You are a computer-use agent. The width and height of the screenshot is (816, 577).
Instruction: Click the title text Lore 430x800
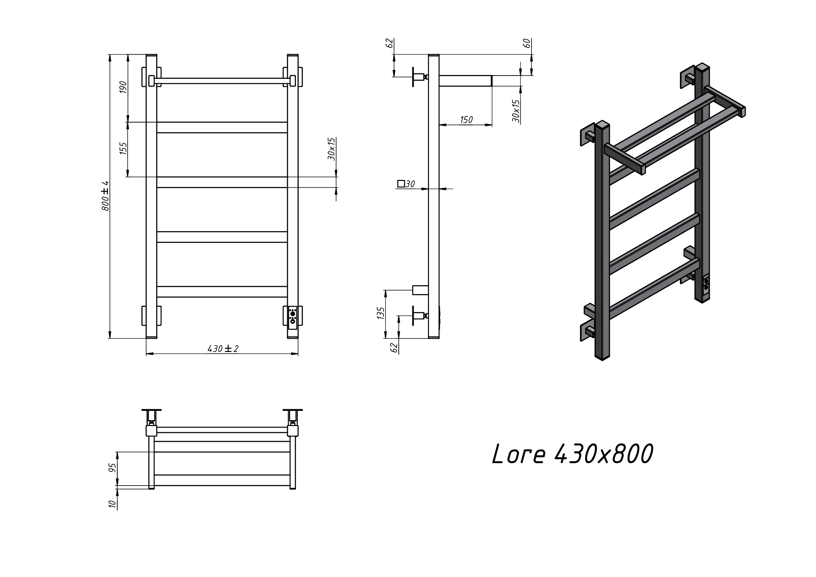pyautogui.click(x=572, y=454)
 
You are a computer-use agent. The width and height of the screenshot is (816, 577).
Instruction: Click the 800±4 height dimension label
pyautogui.click(x=105, y=196)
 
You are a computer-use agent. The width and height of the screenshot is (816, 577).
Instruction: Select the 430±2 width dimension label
pyautogui.click(x=223, y=349)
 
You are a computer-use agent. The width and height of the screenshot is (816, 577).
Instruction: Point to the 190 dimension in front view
pyautogui.click(x=123, y=87)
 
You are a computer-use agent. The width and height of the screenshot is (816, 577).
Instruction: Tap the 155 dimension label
pyautogui.click(x=123, y=148)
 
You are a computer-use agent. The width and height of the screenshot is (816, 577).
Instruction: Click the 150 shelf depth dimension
pyautogui.click(x=466, y=120)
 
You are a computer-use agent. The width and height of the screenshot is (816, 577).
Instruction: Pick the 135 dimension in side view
pyautogui.click(x=381, y=313)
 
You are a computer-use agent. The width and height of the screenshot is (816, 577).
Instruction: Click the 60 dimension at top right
pyautogui.click(x=527, y=43)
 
